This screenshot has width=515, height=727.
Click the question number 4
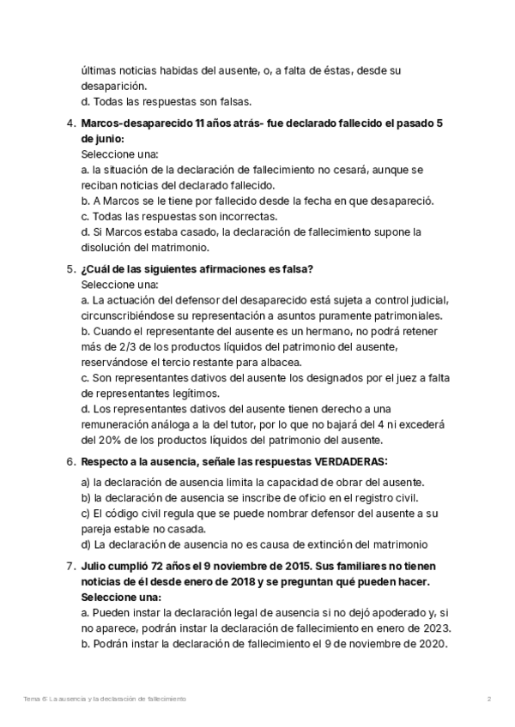point(70,123)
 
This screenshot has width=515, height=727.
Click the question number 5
point(70,268)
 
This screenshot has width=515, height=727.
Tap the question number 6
point(70,461)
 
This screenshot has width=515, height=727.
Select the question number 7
point(70,567)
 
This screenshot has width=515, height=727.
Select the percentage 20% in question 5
point(109,440)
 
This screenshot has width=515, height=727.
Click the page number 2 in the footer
point(488,700)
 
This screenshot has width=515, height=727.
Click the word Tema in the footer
point(32,700)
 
